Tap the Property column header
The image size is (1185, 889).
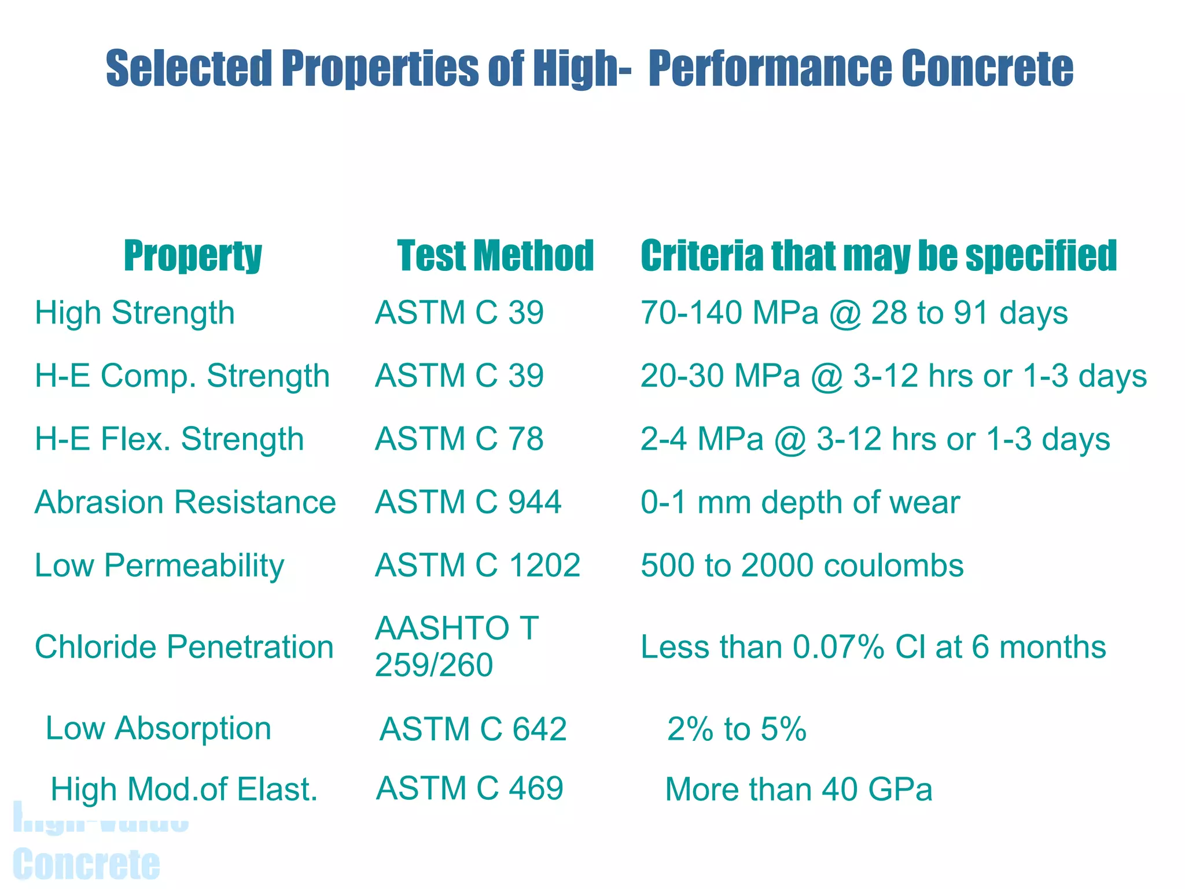click(193, 255)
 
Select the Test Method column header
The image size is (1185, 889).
click(495, 255)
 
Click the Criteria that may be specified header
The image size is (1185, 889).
click(878, 255)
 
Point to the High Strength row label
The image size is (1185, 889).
click(135, 313)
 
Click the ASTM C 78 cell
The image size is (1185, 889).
click(459, 439)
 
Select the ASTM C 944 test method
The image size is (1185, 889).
click(468, 502)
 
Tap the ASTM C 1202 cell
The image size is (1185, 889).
click(477, 565)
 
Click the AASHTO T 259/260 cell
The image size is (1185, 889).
click(457, 646)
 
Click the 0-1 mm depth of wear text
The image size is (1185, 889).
click(800, 502)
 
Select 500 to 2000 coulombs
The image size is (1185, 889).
click(802, 565)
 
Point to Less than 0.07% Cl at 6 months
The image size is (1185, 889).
click(873, 646)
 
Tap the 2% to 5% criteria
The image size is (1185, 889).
click(737, 729)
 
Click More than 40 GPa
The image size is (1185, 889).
click(798, 789)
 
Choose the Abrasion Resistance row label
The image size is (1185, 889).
click(185, 502)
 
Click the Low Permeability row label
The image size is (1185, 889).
click(159, 565)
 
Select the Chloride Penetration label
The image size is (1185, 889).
click(184, 646)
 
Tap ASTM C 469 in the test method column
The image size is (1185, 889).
click(469, 788)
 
